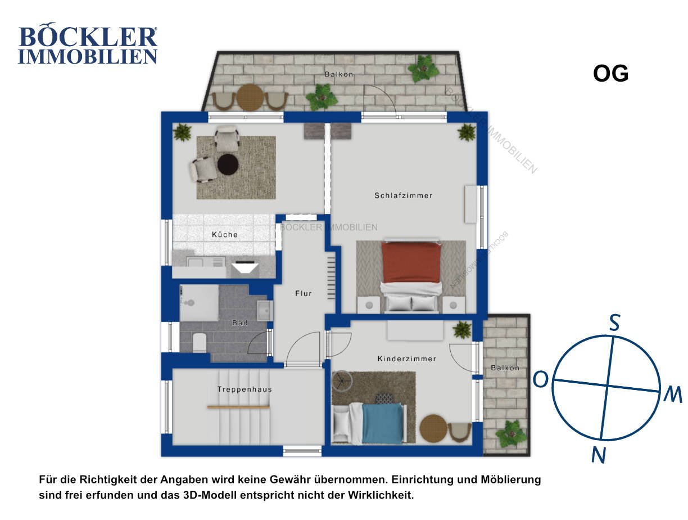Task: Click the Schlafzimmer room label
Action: coord(403,195)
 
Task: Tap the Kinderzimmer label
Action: coord(406,358)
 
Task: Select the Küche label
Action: coord(225,235)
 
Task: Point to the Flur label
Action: coord(303,293)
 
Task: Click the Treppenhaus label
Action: coord(245,389)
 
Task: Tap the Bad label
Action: coord(240,322)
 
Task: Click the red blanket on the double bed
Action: coord(411,262)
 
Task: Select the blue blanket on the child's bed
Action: coord(382,423)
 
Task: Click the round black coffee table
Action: coord(228,164)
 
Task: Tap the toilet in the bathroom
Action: coord(200,342)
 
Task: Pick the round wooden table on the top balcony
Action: coord(250,97)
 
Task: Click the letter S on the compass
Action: coord(614,323)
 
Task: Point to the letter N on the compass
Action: coord(598,455)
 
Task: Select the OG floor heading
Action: coord(610,73)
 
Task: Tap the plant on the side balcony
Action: coord(510,434)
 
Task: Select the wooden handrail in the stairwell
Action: coord(238,407)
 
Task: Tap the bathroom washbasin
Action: coord(265,311)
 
